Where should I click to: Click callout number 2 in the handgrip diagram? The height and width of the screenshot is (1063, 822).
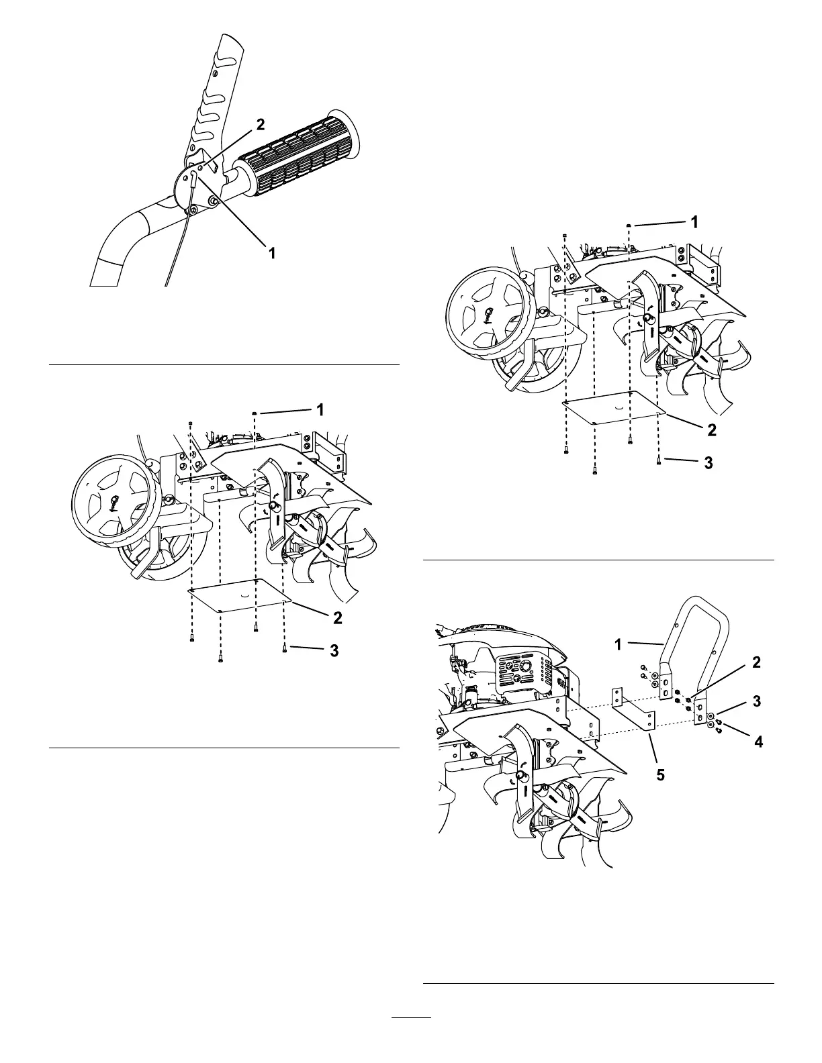260,124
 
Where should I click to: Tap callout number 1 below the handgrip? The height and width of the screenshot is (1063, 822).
272,254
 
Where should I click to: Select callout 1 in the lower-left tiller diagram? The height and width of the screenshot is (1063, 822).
320,408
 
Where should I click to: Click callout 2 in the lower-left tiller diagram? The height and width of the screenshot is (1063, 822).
337,617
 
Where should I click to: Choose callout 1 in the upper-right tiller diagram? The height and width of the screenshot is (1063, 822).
695,221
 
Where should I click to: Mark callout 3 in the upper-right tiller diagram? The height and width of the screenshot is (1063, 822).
708,462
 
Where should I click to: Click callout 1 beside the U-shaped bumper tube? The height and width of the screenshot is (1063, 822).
618,645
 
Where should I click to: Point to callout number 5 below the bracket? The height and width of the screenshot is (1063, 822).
660,775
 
